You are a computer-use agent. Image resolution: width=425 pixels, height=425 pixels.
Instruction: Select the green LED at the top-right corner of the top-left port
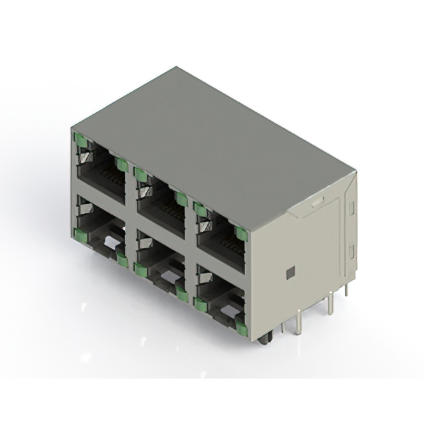point(121,164)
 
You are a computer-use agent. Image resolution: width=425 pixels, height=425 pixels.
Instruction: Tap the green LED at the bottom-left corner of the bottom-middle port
point(139,268)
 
